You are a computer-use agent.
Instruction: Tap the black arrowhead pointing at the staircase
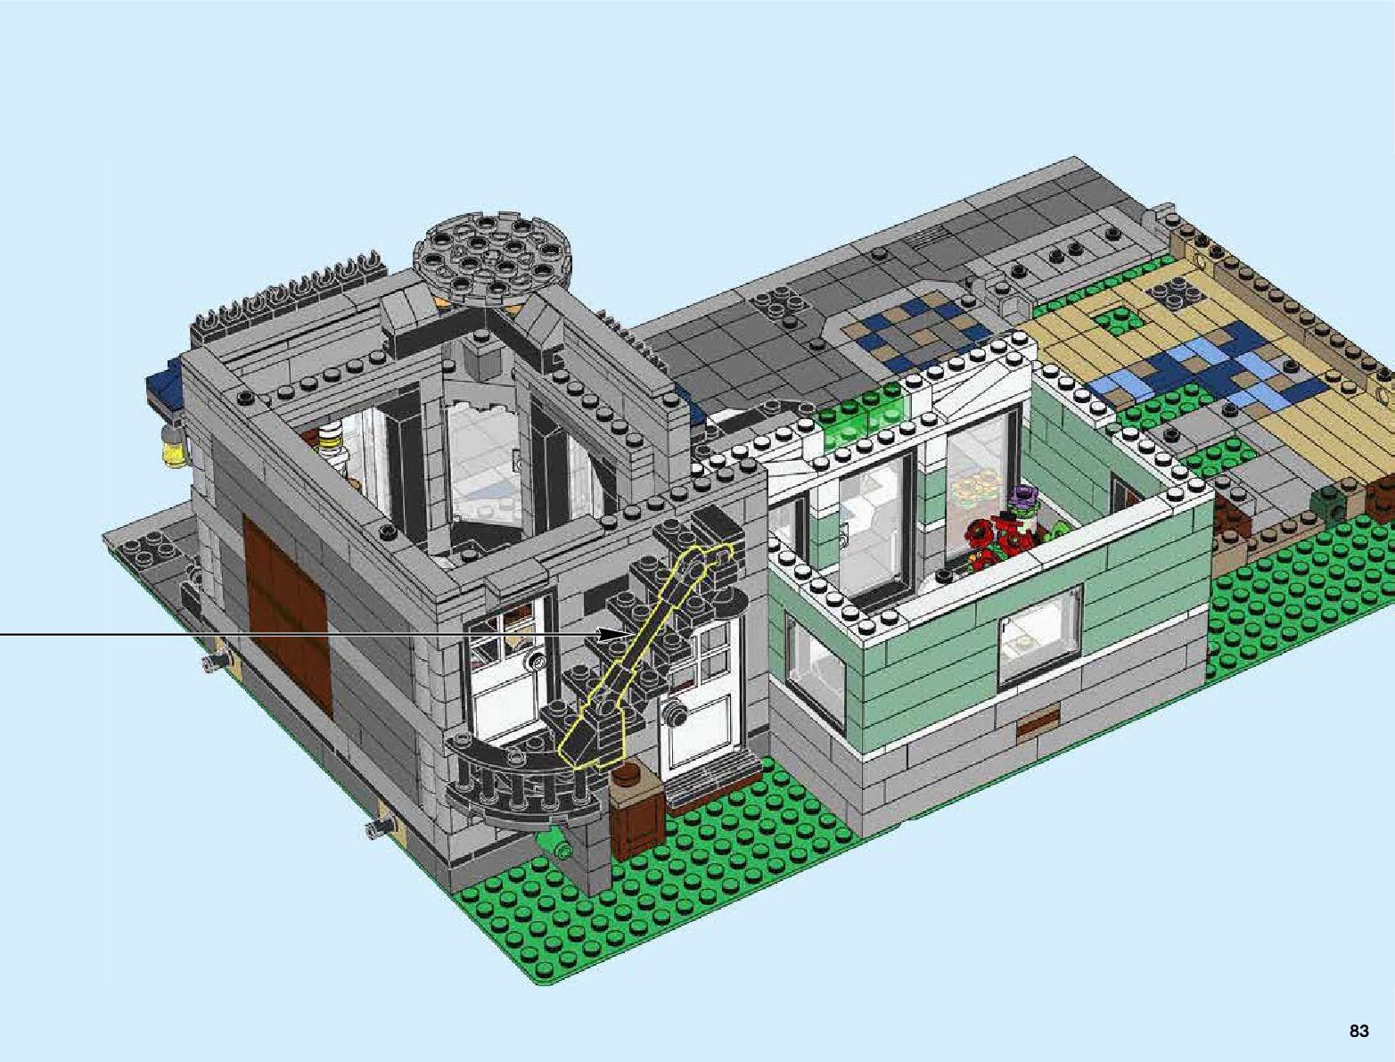tap(613, 635)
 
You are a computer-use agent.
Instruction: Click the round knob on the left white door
tap(536, 663)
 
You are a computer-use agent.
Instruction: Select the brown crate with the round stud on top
tap(636, 805)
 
